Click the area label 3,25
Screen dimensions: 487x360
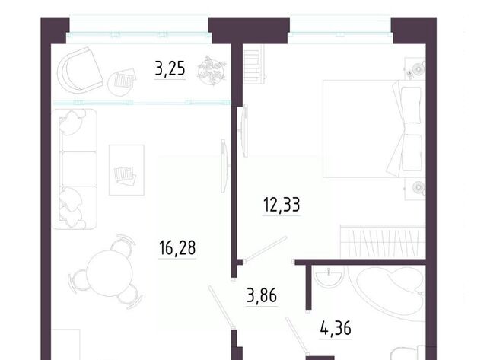[x=170, y=68]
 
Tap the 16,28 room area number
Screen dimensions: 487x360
[x=177, y=247]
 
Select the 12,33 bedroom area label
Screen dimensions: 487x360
[x=282, y=205]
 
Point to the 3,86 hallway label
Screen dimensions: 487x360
[x=262, y=295]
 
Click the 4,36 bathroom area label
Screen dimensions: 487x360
[x=336, y=328]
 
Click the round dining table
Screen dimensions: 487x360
[x=110, y=273]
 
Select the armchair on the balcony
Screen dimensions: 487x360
[x=79, y=69]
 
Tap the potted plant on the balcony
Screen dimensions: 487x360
[x=212, y=70]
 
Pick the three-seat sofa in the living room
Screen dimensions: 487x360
[x=75, y=169]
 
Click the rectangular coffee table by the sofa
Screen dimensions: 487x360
[x=126, y=170]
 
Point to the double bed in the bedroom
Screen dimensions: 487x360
[x=374, y=129]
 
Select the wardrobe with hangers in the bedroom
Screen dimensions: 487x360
[x=383, y=241]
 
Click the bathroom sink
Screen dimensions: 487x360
[x=329, y=276]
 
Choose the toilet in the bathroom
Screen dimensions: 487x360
[x=408, y=352]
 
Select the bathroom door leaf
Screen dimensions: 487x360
[x=297, y=336]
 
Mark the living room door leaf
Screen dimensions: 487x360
[x=221, y=307]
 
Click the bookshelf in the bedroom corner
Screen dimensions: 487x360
[x=254, y=65]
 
